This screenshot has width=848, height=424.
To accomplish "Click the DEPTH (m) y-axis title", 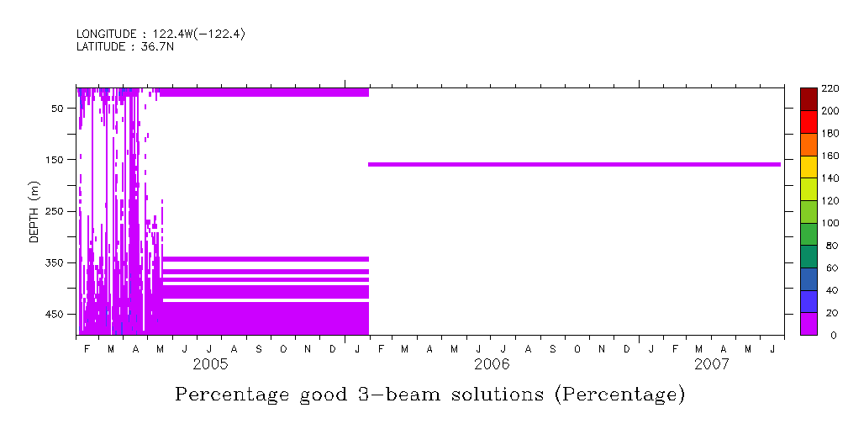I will (34, 211).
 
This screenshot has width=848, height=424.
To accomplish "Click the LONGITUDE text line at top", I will (160, 34).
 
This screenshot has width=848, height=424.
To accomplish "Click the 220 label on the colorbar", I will (830, 88).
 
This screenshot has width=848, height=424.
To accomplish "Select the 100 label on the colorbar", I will (830, 223).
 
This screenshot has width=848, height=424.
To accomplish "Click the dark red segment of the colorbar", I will (808, 98).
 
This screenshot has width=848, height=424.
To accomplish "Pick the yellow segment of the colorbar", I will (808, 166).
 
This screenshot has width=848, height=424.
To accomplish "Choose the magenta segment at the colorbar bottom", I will (808, 324).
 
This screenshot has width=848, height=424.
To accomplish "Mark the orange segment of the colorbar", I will (808, 144).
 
